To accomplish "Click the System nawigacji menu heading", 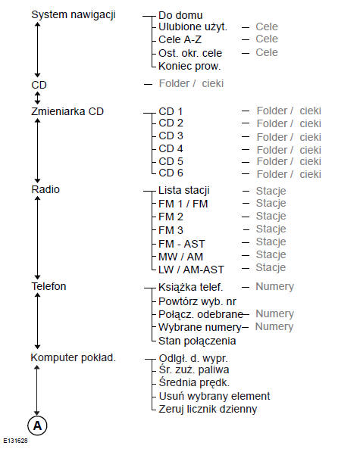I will tap(73, 14).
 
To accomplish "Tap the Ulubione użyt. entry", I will tap(193, 27).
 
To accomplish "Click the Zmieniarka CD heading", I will tap(67, 111).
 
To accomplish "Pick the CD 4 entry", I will tap(171, 149).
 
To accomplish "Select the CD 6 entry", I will tap(171, 173).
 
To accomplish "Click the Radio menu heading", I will tap(45, 189).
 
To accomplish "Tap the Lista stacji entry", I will tap(183, 190).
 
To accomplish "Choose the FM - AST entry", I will tap(181, 242).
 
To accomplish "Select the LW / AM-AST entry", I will tap(192, 268).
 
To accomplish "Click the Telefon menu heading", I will tap(49, 286).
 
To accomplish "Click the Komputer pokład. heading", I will tap(73, 357).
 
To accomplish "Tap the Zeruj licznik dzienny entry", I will tap(208, 409).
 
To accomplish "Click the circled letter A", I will tap(38, 426).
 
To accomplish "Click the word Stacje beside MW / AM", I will tap(271, 255).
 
